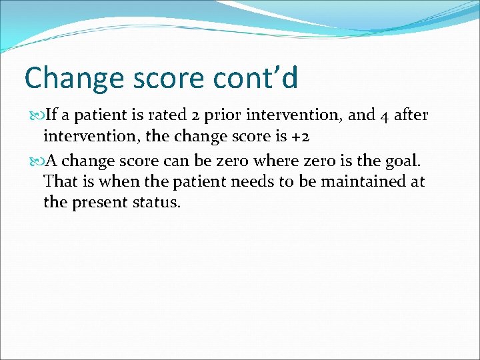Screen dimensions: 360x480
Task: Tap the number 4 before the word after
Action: tap(385, 116)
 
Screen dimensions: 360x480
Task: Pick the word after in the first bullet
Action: tap(411, 116)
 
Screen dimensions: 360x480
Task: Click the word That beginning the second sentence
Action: tap(58, 181)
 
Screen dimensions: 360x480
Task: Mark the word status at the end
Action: tap(157, 203)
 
